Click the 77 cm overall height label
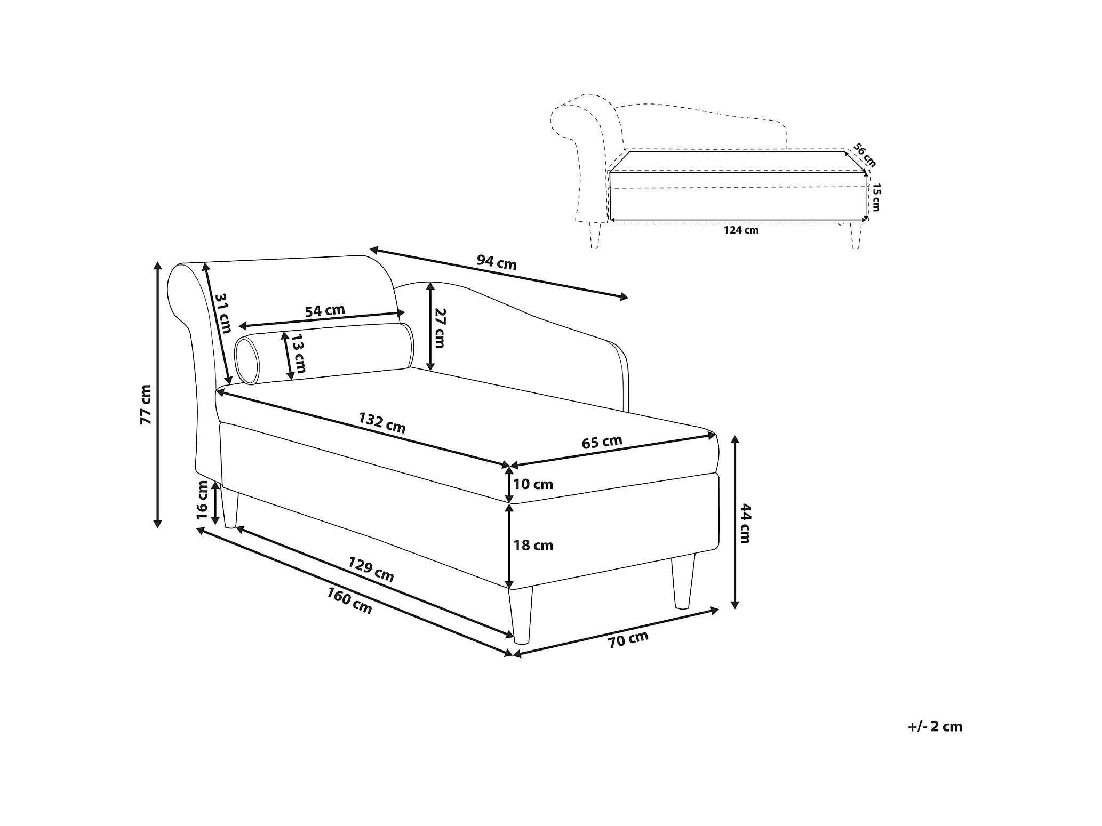pyautogui.click(x=146, y=404)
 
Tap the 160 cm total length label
pyautogui.click(x=349, y=600)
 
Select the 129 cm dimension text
pyautogui.click(x=371, y=569)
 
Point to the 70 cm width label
pyautogui.click(x=628, y=639)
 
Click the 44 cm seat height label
pyautogui.click(x=745, y=523)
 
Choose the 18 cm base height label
pyautogui.click(x=533, y=545)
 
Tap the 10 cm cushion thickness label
pyautogui.click(x=533, y=484)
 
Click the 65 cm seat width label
pyautogui.click(x=602, y=442)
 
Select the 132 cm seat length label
pyautogui.click(x=382, y=423)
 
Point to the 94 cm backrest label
pyautogui.click(x=497, y=262)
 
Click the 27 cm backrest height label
pyautogui.click(x=439, y=328)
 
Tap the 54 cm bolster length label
pyautogui.click(x=325, y=310)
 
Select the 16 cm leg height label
pyautogui.click(x=202, y=500)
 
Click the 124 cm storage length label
pyautogui.click(x=741, y=230)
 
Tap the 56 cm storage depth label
pyautogui.click(x=864, y=154)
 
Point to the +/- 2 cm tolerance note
pyautogui.click(x=935, y=727)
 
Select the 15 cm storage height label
pyautogui.click(x=875, y=197)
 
